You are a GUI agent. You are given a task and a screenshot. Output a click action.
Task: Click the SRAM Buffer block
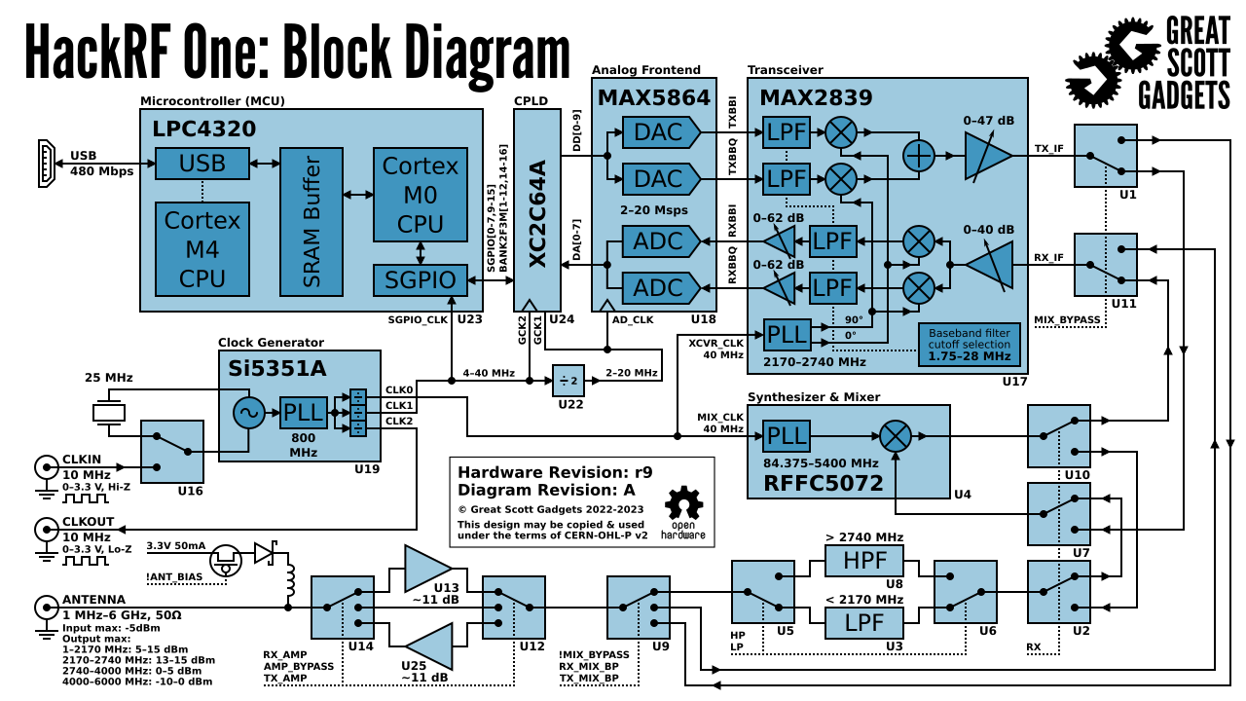pos(311,222)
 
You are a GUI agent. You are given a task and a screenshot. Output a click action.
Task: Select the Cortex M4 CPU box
pos(202,249)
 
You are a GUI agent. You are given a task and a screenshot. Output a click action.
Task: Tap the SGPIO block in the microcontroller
pos(421,280)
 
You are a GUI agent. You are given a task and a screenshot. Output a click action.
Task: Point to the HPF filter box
pos(863,561)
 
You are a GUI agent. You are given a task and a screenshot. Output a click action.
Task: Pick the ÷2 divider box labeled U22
pos(568,381)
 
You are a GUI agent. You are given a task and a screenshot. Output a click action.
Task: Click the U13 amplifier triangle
pos(426,568)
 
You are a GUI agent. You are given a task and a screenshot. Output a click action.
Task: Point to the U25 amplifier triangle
pos(428,646)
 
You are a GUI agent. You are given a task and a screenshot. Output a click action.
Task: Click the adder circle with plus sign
pos(919,156)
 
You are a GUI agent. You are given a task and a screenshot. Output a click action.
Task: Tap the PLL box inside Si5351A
pos(304,413)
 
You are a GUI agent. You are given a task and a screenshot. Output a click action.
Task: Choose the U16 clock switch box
pos(172,451)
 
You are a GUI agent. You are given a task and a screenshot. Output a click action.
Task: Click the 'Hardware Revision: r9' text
pos(555,471)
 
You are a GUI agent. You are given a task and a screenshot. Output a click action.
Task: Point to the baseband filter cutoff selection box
pos(969,344)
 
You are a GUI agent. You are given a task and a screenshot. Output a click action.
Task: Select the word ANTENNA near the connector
pos(93,599)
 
